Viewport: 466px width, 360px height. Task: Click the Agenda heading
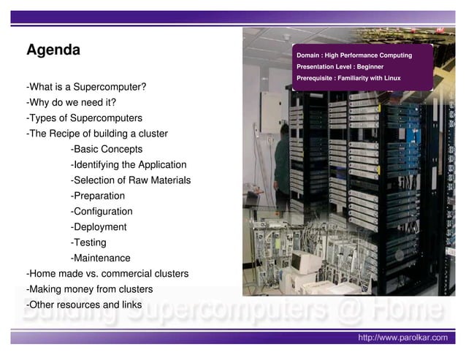tap(53, 51)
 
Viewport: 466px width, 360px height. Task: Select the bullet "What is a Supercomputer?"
tap(86, 87)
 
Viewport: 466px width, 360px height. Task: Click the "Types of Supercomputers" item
tap(84, 118)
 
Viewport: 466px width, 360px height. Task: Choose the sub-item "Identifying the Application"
tap(129, 164)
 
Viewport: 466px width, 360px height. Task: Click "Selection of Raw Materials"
tap(131, 180)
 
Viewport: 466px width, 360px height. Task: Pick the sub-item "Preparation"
tap(98, 196)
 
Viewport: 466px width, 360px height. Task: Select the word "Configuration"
tap(102, 211)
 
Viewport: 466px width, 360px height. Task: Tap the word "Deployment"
tap(99, 227)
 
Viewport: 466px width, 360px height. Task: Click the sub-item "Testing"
tap(88, 242)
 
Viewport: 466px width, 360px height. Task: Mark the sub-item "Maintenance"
tap(101, 258)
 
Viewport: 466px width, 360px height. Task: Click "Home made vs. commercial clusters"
tap(107, 274)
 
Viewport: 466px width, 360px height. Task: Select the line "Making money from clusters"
tap(89, 289)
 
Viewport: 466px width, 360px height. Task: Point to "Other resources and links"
tap(84, 305)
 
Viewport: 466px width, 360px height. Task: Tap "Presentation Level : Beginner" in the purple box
tap(340, 67)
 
